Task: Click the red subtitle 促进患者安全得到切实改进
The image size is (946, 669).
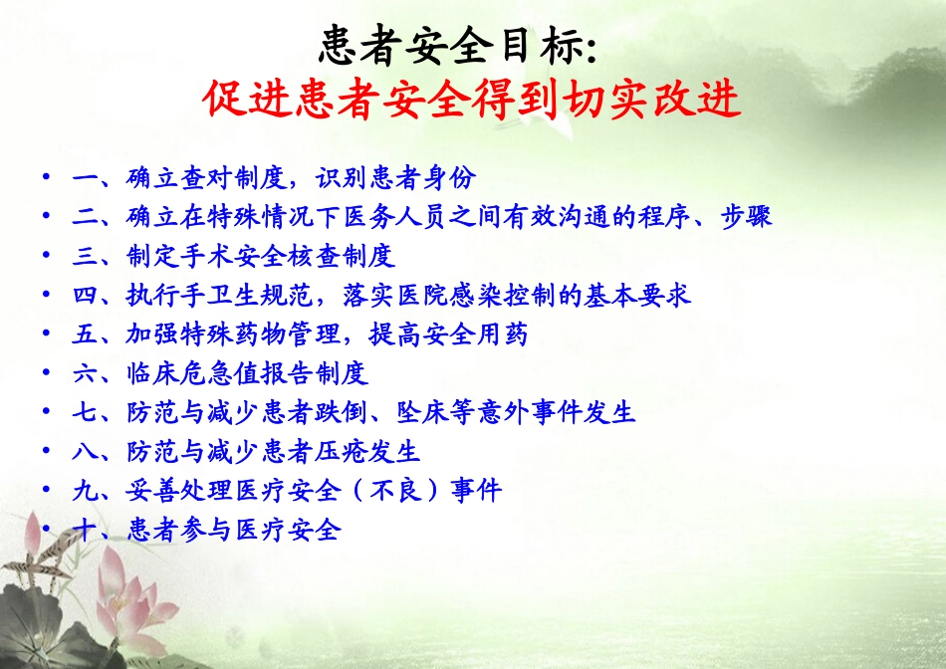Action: pos(472,100)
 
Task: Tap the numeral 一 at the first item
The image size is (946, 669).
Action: pos(84,179)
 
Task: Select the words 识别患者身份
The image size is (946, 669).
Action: pos(396,179)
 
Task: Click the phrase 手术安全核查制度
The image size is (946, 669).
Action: pos(289,257)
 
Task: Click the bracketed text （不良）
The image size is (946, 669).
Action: pos(397,491)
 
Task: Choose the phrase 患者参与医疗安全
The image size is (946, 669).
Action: pos(235,530)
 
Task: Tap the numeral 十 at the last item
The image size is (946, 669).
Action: pos(84,530)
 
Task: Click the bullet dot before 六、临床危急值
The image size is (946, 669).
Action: pos(46,374)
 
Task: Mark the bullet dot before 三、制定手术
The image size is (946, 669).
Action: pos(46,257)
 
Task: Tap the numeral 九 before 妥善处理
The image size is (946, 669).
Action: pos(84,491)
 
